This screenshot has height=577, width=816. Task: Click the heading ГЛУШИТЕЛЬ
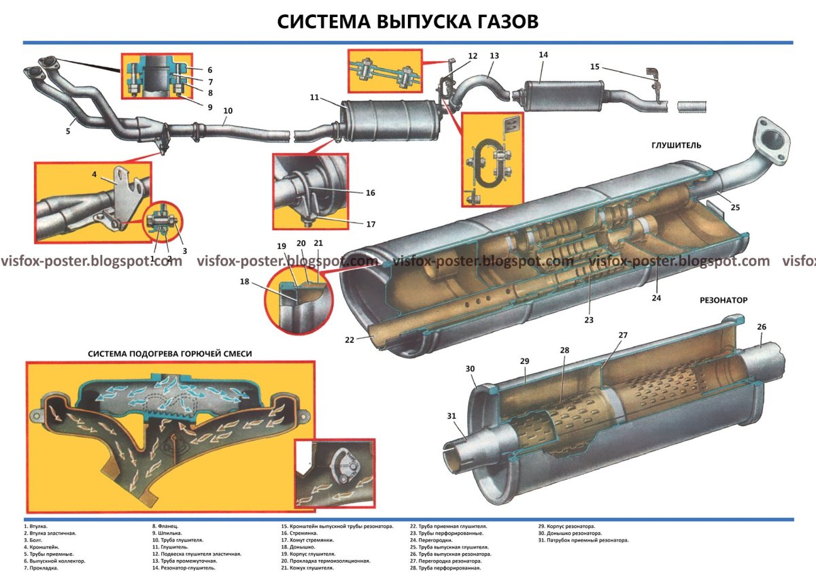click(x=677, y=145)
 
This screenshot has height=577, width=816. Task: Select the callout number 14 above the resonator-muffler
click(x=543, y=54)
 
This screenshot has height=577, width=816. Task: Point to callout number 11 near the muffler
click(x=314, y=98)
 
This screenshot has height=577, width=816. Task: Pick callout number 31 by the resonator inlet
click(x=452, y=416)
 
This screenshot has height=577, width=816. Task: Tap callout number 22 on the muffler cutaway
click(x=349, y=340)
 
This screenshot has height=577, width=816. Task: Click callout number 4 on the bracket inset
click(x=95, y=175)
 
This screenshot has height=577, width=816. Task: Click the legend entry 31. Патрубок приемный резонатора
click(x=583, y=540)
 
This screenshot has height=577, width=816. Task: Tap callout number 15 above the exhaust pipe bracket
click(x=595, y=67)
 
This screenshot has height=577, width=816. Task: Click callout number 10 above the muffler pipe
click(x=227, y=110)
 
